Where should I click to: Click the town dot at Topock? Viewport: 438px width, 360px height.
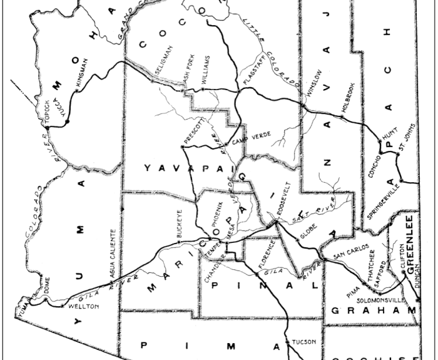(48, 128)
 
